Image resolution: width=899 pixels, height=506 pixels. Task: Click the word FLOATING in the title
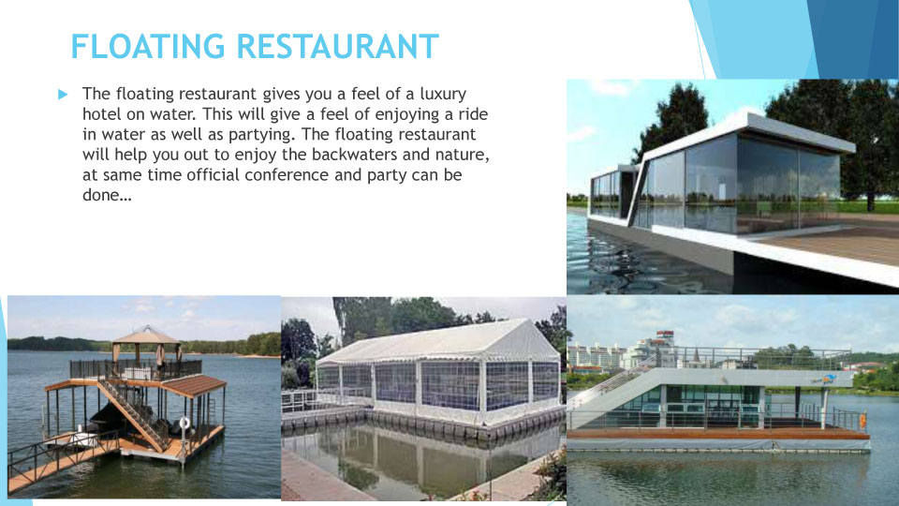pos(148,47)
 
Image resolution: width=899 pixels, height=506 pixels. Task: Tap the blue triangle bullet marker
pos(63,94)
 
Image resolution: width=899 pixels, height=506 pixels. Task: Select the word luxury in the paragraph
pos(443,94)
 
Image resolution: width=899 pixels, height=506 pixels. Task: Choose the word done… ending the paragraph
pos(107,195)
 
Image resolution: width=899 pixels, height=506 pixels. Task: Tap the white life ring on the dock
pos(184,423)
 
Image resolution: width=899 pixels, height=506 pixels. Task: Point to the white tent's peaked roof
pos(438,342)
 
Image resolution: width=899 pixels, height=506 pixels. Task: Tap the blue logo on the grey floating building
pos(823,379)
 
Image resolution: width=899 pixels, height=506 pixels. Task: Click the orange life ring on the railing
pos(862,421)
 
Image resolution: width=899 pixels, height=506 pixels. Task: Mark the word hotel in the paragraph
pos(101,113)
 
